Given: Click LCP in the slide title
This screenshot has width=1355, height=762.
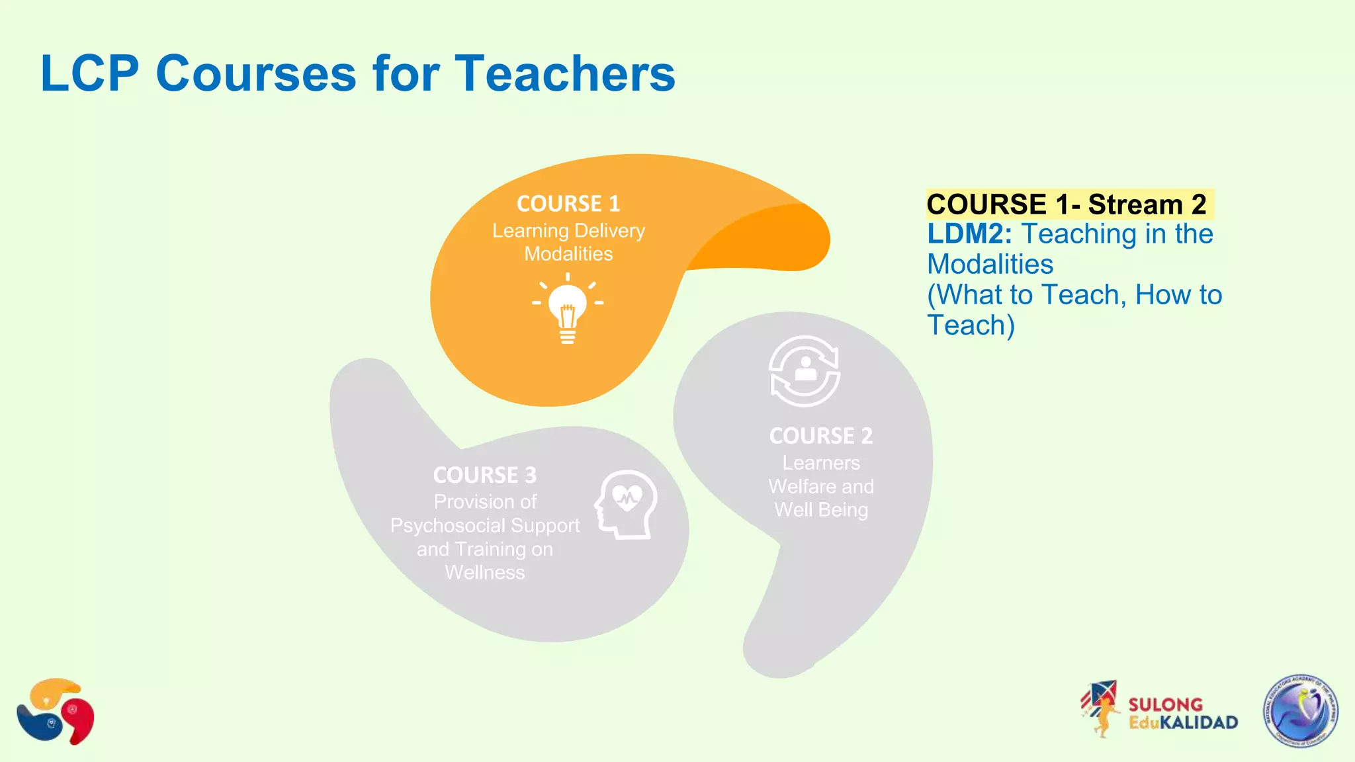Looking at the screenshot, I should (x=89, y=73).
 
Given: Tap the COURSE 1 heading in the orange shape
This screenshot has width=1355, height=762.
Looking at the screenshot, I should (x=568, y=204).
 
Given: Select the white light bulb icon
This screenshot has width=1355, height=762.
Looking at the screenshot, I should (x=568, y=309).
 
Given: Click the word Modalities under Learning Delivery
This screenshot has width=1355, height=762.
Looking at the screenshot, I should (x=568, y=254).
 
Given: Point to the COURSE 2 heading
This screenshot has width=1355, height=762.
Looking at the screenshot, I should (x=820, y=436).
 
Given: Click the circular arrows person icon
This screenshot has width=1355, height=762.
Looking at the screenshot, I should (x=805, y=371).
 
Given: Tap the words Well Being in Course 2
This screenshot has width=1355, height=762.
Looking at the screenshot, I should (x=821, y=510).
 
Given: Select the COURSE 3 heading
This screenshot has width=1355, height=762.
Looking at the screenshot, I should (x=485, y=475).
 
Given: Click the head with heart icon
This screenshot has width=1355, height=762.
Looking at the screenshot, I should (x=626, y=504).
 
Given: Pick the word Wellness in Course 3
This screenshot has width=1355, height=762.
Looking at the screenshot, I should (x=485, y=573).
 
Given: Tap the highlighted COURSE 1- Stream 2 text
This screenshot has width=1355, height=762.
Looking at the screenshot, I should (x=1067, y=204).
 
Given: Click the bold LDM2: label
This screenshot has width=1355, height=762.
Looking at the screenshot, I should (x=969, y=234).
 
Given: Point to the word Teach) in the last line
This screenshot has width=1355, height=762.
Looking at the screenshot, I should (x=971, y=325).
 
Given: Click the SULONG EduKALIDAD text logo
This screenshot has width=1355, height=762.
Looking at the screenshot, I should (x=1182, y=714).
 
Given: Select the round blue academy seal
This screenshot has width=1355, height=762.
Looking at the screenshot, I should (x=1301, y=711).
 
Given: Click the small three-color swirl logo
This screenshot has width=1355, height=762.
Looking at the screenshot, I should (x=56, y=711).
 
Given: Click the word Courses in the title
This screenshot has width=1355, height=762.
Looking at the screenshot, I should (x=256, y=73).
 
